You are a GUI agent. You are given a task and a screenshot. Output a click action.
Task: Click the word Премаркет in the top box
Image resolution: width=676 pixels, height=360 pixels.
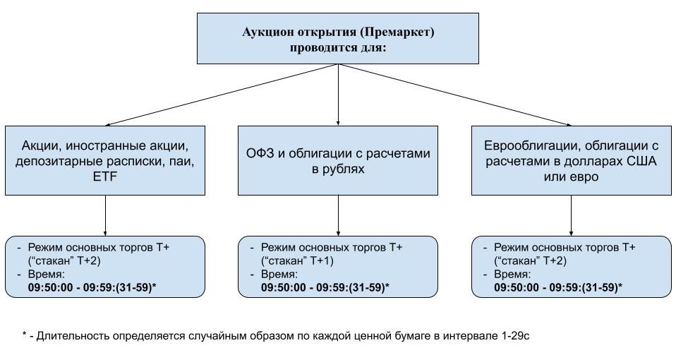coord(397,32)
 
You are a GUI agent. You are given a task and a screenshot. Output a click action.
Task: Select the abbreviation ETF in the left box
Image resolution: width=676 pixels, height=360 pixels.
coord(105,178)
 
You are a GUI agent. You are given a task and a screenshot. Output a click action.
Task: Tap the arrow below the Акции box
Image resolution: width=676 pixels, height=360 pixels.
coord(105,215)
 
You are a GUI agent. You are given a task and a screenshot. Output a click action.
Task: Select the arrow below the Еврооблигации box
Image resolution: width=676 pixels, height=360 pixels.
coord(570,215)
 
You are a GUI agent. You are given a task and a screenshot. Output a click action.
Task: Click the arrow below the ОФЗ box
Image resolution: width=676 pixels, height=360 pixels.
coord(338,215)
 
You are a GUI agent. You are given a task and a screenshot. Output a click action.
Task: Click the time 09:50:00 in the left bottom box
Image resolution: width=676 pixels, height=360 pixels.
coord(51,287)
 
